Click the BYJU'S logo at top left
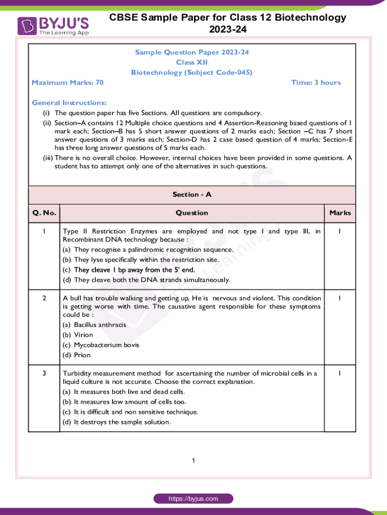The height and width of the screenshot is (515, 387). [53, 26]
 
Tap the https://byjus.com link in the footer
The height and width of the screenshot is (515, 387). [193, 499]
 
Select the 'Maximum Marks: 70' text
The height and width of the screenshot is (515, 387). [67, 82]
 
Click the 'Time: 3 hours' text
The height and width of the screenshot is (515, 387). [316, 82]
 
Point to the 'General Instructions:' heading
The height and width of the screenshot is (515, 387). [69, 103]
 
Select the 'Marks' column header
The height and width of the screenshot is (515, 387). [340, 213]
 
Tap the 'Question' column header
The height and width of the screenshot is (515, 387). [191, 213]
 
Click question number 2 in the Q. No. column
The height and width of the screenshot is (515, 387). [44, 298]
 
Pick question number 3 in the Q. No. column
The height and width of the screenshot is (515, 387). [44, 373]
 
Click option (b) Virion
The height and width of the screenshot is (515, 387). [78, 335]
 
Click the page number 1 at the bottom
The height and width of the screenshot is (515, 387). [193, 461]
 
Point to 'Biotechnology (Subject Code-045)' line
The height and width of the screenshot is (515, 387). [191, 72]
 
